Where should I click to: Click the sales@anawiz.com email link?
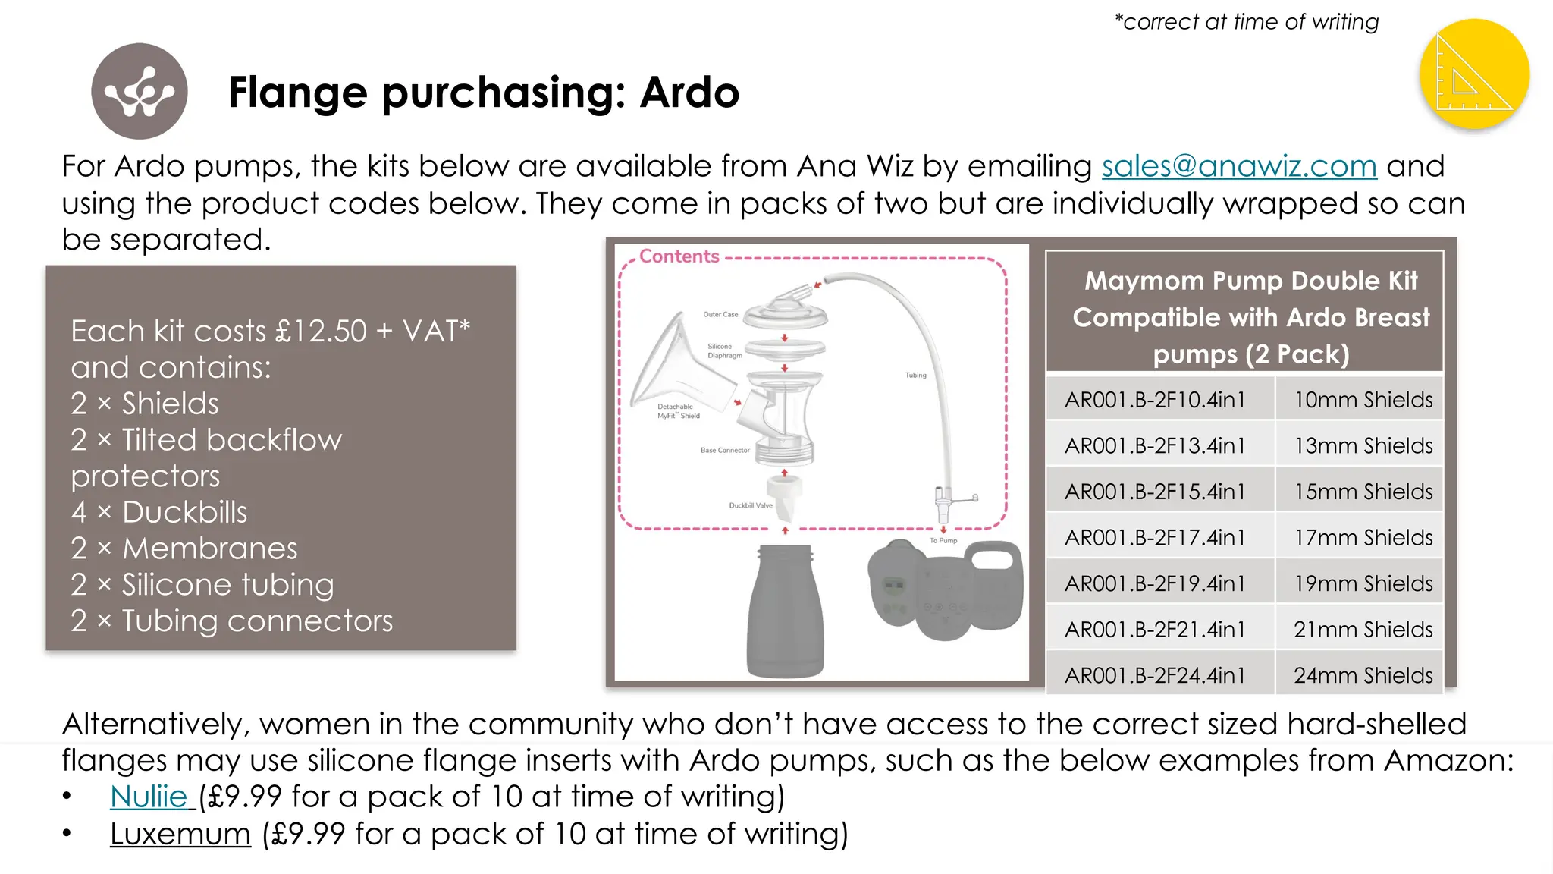pyautogui.click(x=1238, y=166)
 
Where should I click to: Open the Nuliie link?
pyautogui.click(x=149, y=797)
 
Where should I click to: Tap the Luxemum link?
pyautogui.click(x=180, y=834)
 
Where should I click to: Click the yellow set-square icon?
pyautogui.click(x=1473, y=74)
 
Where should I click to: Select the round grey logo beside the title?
pyautogui.click(x=140, y=91)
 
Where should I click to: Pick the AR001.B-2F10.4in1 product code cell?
pyautogui.click(x=1155, y=400)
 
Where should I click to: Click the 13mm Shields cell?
pyautogui.click(x=1363, y=446)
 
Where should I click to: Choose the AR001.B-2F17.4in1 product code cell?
pyautogui.click(x=1155, y=538)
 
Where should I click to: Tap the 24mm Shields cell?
pyautogui.click(x=1363, y=675)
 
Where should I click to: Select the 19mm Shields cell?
pyautogui.click(x=1363, y=583)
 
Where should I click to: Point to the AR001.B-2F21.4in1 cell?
pyautogui.click(x=1155, y=630)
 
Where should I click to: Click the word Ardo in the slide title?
pyautogui.click(x=689, y=93)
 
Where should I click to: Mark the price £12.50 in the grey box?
pyautogui.click(x=321, y=332)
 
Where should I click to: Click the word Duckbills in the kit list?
pyautogui.click(x=185, y=512)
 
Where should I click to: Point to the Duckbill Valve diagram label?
pyautogui.click(x=750, y=505)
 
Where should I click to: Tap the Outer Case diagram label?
pyautogui.click(x=720, y=314)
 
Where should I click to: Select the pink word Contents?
pyautogui.click(x=679, y=256)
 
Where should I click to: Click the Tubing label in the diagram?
pyautogui.click(x=915, y=375)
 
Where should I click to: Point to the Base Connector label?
pyautogui.click(x=724, y=450)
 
